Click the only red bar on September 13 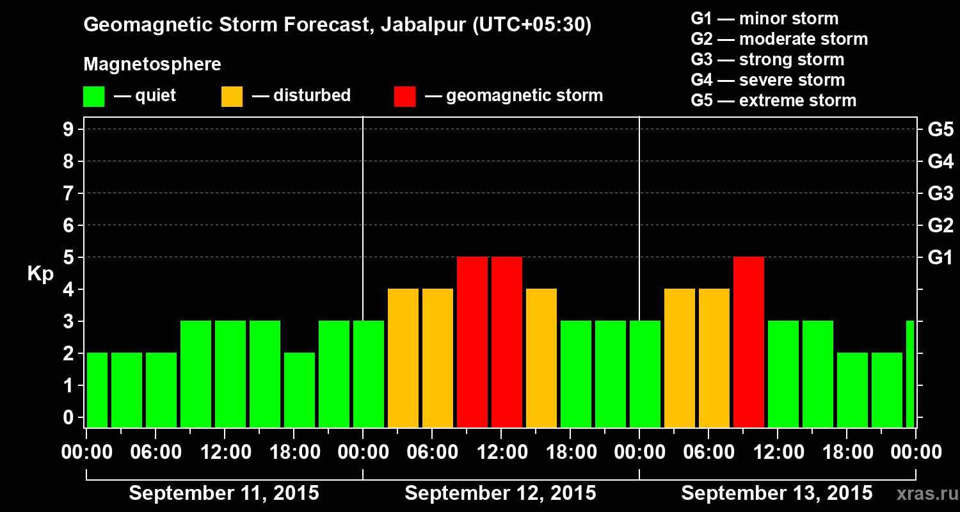[x=749, y=342]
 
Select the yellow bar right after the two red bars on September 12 [x=541, y=358]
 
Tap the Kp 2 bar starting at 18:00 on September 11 [x=300, y=390]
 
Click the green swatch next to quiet [x=94, y=96]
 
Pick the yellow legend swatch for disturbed [x=232, y=96]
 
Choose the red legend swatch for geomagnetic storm [x=405, y=96]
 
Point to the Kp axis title [x=40, y=274]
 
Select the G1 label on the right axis [x=940, y=258]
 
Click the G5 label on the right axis [x=940, y=130]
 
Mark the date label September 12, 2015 [x=500, y=493]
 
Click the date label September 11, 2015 [x=224, y=493]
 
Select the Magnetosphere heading [x=152, y=65]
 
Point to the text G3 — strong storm [x=767, y=60]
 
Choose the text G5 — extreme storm [x=773, y=100]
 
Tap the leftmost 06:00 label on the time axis [x=156, y=452]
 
